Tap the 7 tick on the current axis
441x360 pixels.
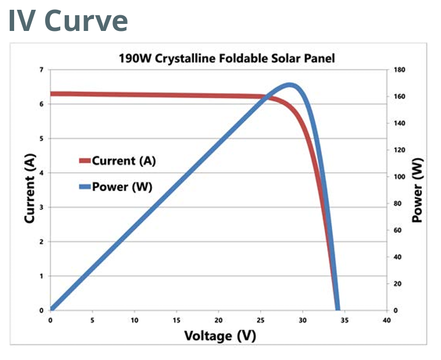pyautogui.click(x=41, y=70)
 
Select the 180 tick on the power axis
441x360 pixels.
pyautogui.click(x=399, y=70)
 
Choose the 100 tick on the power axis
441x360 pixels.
pyautogui.click(x=399, y=177)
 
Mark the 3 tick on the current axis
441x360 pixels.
pyautogui.click(x=41, y=207)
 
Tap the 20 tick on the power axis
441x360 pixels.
pyautogui.click(x=398, y=284)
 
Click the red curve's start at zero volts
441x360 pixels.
pyautogui.click(x=52, y=94)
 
